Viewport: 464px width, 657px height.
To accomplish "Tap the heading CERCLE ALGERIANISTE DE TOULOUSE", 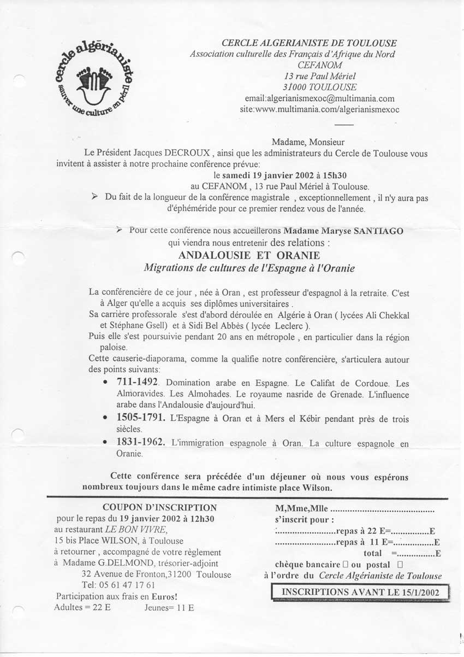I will tap(309, 43).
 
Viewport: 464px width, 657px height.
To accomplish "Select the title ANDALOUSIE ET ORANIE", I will tap(249, 256).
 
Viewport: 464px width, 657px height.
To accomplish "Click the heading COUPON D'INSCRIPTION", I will tap(159, 508).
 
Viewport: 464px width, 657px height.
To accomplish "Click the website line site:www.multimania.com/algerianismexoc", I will tap(319, 109).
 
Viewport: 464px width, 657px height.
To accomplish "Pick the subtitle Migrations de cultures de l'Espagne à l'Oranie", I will tap(249, 268).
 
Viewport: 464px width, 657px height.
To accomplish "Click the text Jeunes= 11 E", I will tap(169, 607).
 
